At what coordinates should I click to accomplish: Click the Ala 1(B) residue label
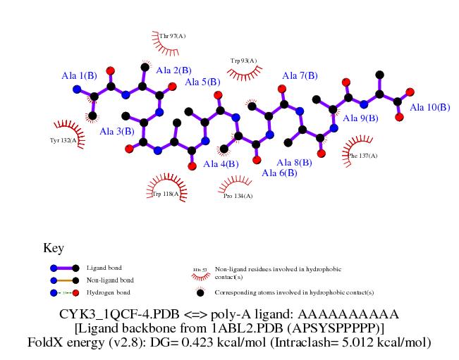coord(79,75)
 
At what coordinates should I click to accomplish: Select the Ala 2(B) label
coord(173,70)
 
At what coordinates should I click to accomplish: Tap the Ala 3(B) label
coord(117,131)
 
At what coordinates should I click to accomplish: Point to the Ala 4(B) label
coord(221,164)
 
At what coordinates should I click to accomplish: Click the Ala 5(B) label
coord(202,82)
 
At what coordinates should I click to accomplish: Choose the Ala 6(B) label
coord(279,173)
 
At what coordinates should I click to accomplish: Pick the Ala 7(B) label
coord(300,75)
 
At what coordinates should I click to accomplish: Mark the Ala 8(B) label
coord(294,163)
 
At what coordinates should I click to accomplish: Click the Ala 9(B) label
coord(360,118)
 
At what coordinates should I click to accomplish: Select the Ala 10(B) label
coord(429,107)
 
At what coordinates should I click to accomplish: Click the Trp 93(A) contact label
coord(243,61)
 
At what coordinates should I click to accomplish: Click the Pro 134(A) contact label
coord(238,196)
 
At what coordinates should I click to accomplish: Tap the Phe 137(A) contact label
coord(363,156)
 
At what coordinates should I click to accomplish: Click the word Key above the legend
coord(54,248)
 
